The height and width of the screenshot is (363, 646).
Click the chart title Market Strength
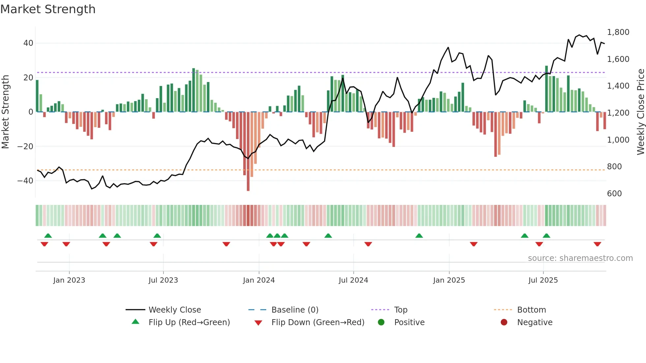coord(48,9)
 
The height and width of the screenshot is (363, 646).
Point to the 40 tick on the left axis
coord(28,43)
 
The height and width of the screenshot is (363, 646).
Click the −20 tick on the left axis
coord(26,146)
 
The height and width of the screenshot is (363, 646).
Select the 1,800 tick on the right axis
coord(618,32)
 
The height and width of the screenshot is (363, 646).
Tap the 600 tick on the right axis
coord(614,194)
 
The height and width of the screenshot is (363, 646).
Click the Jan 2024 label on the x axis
coord(259,280)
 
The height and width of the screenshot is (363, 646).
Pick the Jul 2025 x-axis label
coord(543,280)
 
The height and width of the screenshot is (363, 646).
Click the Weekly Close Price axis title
coord(640,112)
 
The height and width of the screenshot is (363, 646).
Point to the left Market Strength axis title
coord(6,112)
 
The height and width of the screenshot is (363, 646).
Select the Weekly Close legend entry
coord(174,310)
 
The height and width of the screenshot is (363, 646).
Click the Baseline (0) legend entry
coord(295,310)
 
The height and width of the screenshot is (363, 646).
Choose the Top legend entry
coord(400,310)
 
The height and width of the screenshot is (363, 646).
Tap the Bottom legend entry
coord(531,310)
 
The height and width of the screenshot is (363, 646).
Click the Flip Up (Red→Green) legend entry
coord(189,322)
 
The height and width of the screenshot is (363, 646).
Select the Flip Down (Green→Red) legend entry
coord(318,322)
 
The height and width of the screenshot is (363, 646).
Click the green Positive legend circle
coord(381,322)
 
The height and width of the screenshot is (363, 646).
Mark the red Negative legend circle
coord(504,322)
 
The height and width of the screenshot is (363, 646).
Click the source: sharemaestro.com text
coord(580,258)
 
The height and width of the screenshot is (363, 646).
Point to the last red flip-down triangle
coord(597,244)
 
